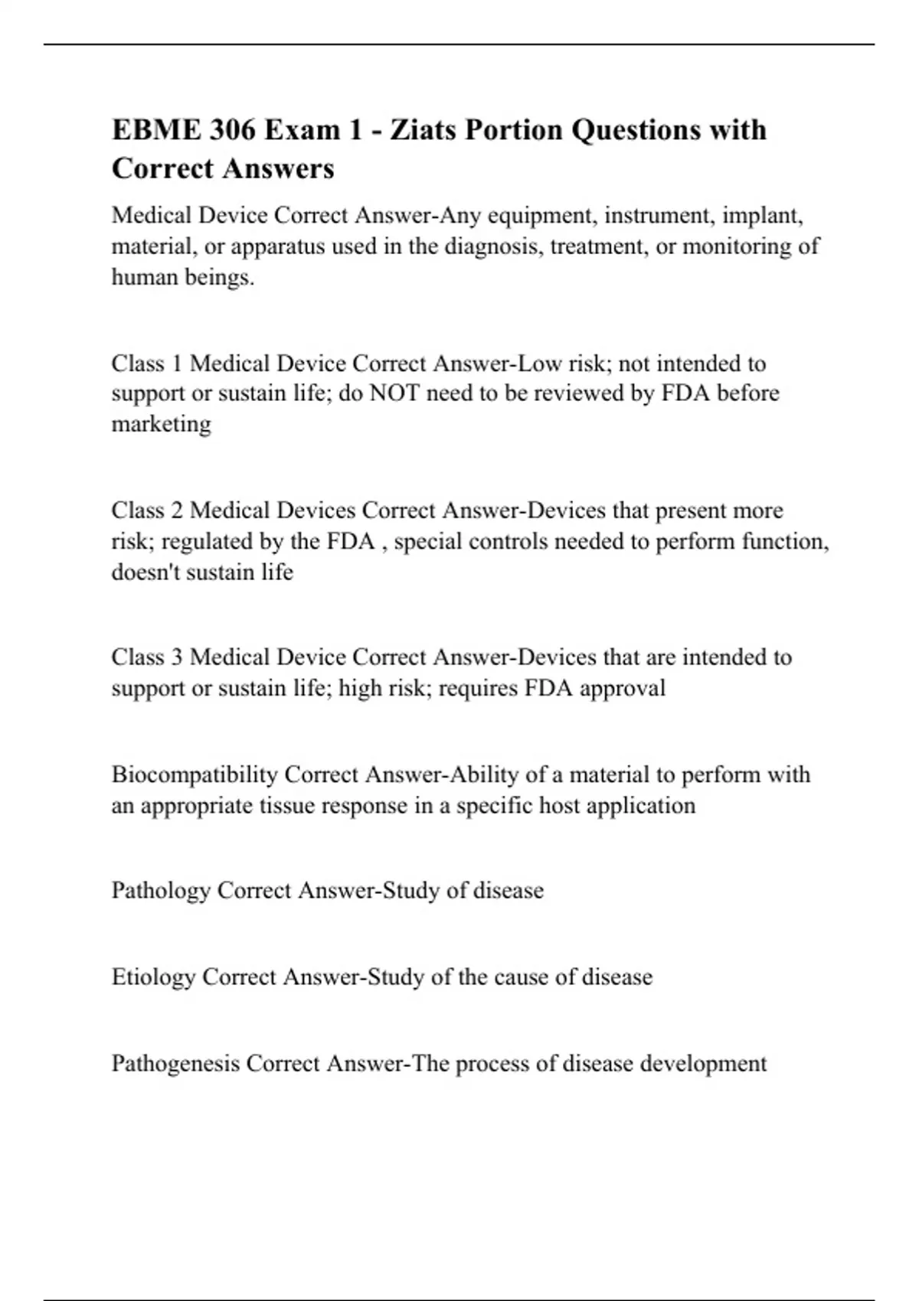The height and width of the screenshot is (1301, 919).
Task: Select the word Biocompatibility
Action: [x=195, y=774]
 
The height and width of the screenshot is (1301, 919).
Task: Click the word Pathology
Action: [x=161, y=891]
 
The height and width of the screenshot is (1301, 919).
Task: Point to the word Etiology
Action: [x=153, y=977]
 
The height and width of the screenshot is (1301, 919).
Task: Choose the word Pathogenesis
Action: [x=175, y=1064]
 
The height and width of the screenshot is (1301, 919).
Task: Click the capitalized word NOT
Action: [x=394, y=393]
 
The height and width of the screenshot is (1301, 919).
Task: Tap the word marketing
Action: [x=161, y=424]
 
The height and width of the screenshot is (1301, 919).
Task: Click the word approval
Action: [x=623, y=688]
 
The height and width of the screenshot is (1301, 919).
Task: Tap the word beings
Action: [x=221, y=277]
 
